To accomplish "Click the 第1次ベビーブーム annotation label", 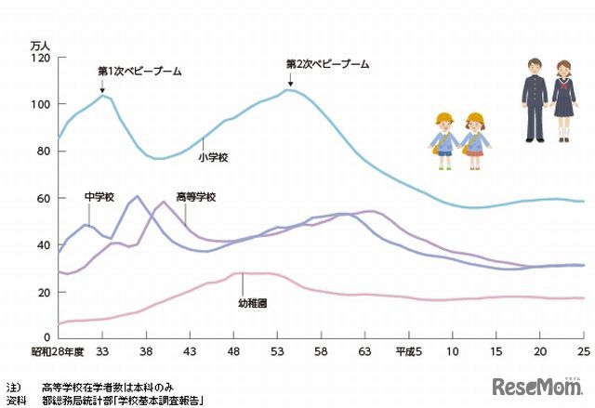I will coord(139,71).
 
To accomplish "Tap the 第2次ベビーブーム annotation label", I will coord(327,65).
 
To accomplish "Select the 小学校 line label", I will coord(214,158).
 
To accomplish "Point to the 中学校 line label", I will coord(99,197).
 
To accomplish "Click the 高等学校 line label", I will coord(195,197).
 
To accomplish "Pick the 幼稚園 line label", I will coord(253,304).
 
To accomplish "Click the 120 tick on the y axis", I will coord(40,58).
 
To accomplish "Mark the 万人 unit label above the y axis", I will coord(41,44).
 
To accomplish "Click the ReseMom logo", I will coord(537,387).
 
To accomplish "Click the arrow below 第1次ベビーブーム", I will coord(101,86).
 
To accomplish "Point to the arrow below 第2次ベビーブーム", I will coord(289,80).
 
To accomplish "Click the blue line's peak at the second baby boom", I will coord(290,89).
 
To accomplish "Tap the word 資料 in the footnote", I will coord(13,401).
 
